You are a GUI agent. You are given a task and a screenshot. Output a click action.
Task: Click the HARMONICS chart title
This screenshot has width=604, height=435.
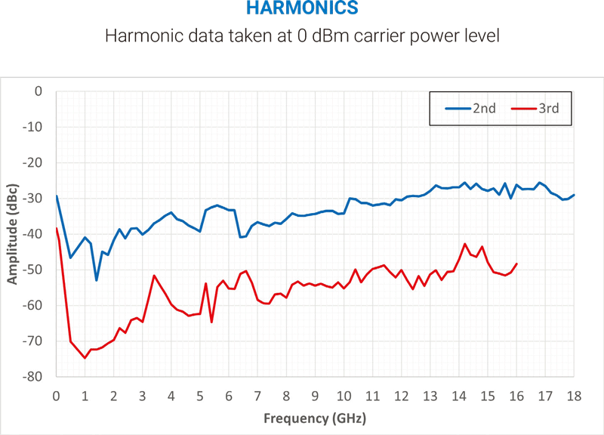(x=302, y=10)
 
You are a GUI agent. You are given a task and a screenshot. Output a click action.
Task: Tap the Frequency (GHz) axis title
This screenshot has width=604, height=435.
(x=315, y=418)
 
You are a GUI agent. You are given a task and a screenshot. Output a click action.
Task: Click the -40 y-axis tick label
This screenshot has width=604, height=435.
(x=34, y=234)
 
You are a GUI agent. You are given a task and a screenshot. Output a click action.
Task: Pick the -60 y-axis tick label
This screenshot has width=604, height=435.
(x=34, y=305)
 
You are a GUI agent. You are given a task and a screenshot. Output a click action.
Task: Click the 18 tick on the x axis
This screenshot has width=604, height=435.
(x=574, y=395)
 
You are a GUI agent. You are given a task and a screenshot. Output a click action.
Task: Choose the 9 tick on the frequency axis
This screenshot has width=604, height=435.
(x=316, y=395)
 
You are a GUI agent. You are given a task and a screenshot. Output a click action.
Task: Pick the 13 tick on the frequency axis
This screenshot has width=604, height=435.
(x=430, y=395)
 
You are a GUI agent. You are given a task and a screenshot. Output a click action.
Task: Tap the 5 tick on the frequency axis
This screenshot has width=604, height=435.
(x=200, y=395)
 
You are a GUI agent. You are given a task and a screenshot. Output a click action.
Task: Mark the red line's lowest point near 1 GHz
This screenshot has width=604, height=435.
(x=85, y=358)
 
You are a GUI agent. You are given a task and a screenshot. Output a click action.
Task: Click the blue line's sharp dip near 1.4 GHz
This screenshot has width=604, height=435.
(x=97, y=280)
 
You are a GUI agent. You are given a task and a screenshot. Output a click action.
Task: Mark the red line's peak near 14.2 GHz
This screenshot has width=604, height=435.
(x=465, y=244)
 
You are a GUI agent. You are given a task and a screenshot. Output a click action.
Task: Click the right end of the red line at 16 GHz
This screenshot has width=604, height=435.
(x=516, y=264)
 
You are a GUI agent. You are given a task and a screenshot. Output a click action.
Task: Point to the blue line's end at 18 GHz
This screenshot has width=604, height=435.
(x=574, y=195)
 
